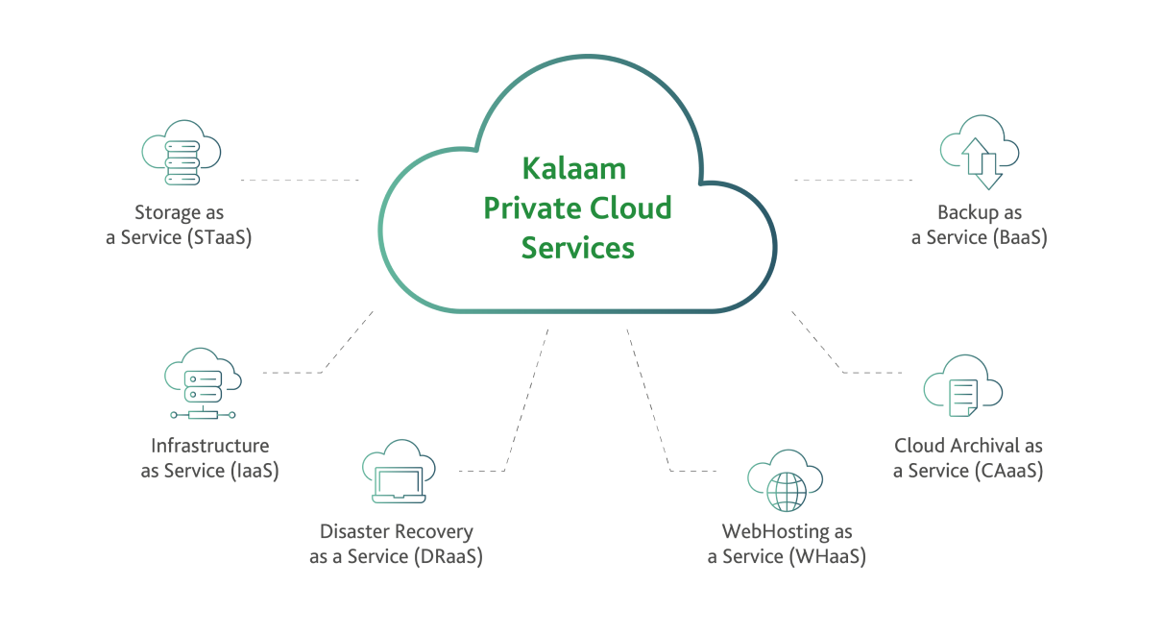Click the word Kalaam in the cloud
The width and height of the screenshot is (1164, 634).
point(573,169)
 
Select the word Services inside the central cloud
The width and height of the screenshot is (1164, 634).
point(577,247)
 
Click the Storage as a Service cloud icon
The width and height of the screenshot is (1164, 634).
point(181,155)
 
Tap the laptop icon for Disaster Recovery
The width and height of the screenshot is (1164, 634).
point(398,474)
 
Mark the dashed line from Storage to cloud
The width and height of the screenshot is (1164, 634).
point(299,180)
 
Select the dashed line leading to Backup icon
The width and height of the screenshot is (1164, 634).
point(853,180)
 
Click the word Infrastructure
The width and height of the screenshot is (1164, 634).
point(209,446)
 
